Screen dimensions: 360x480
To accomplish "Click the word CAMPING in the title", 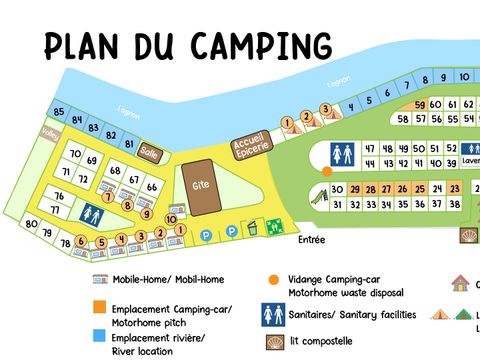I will [x=261, y=45].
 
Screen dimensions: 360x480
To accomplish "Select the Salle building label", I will [x=150, y=152].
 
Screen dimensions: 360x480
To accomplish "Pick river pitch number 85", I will [x=60, y=111].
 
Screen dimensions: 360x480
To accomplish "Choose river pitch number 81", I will [x=128, y=144].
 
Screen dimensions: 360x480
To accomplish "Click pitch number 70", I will [x=76, y=155].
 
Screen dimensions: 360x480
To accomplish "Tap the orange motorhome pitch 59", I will [x=420, y=105].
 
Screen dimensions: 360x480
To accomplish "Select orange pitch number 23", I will [x=455, y=189].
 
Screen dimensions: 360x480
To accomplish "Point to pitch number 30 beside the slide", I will [x=338, y=189].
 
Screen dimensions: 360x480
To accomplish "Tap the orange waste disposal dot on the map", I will [x=326, y=171].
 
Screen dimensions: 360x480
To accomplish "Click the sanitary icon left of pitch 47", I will [x=341, y=154].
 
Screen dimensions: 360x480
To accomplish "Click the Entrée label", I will [x=312, y=240].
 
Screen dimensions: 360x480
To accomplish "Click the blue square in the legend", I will [x=99, y=335].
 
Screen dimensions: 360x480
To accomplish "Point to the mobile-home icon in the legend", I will [x=99, y=279].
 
